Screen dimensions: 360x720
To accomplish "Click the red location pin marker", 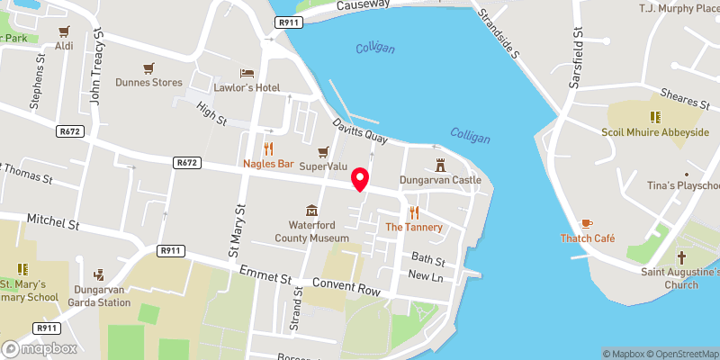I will tap(360, 179).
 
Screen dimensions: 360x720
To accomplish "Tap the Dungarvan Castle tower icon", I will tap(441, 166).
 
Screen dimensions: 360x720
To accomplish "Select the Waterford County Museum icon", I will tap(311, 210).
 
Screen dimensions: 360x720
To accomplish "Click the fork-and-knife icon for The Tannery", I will tap(414, 212).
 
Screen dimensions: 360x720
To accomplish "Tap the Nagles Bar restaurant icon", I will tap(267, 149).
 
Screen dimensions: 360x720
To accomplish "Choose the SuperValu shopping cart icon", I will tap(323, 150).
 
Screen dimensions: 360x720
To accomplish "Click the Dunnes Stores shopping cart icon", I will tap(149, 67).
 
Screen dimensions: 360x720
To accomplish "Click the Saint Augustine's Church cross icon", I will tap(681, 256).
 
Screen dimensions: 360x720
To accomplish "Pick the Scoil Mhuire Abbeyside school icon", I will tap(655, 116).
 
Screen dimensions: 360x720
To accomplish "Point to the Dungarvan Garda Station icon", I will tap(99, 274).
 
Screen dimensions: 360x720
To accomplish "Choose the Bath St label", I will tap(427, 260).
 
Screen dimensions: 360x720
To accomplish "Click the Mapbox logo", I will tap(40, 348).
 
